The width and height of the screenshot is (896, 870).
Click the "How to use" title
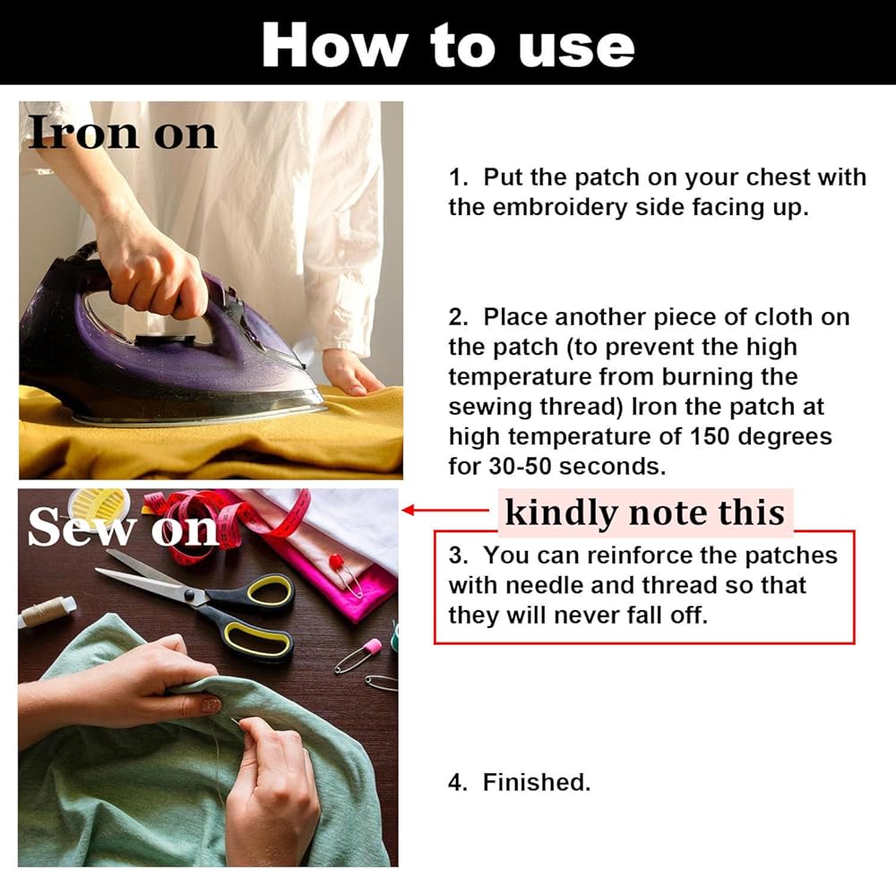tap(448, 46)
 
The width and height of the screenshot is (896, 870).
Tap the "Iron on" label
tap(123, 133)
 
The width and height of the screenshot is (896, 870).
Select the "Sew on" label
tap(123, 527)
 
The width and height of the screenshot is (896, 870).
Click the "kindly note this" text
tap(645, 513)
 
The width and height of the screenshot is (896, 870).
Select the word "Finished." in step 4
tap(537, 782)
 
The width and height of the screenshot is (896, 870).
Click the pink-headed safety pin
tap(359, 655)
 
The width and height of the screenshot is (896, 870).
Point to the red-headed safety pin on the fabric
tap(345, 574)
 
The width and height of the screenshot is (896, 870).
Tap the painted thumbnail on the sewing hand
tap(210, 704)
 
